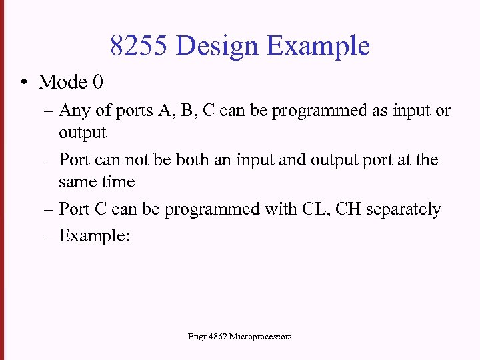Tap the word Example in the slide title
[318, 46]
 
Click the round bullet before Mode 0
[23, 83]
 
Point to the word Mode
[63, 82]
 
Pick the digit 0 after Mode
[98, 82]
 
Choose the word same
[77, 182]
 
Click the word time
[118, 182]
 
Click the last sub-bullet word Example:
[93, 236]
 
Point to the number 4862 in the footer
[216, 337]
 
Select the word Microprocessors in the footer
[260, 337]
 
